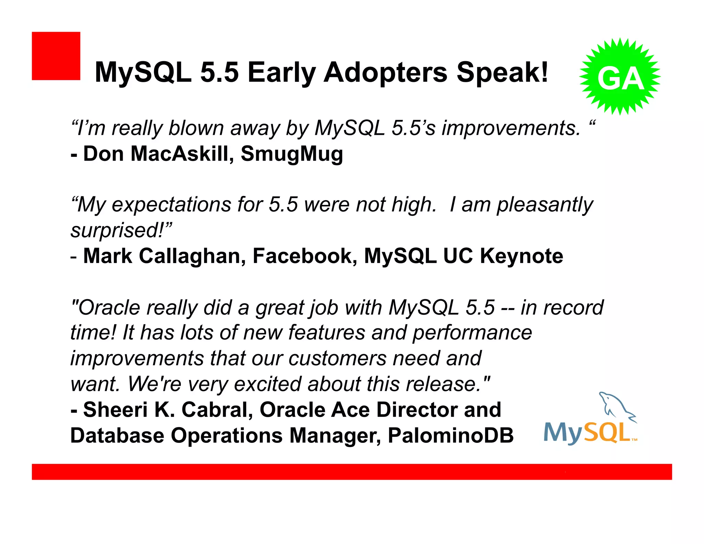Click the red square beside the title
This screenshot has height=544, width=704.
[56, 56]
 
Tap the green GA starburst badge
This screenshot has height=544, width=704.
[620, 77]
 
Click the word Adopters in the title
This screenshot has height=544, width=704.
[385, 73]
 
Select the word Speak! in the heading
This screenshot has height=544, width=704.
[502, 73]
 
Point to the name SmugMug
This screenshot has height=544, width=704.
[291, 154]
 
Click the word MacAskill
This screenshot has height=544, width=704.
[179, 154]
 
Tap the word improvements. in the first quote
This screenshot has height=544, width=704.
[511, 128]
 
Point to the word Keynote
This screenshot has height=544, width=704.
[521, 256]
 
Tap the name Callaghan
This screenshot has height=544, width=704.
[192, 256]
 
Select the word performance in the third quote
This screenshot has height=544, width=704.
[472, 333]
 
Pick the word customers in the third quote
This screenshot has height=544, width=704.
[337, 358]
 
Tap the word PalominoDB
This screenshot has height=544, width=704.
[451, 435]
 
